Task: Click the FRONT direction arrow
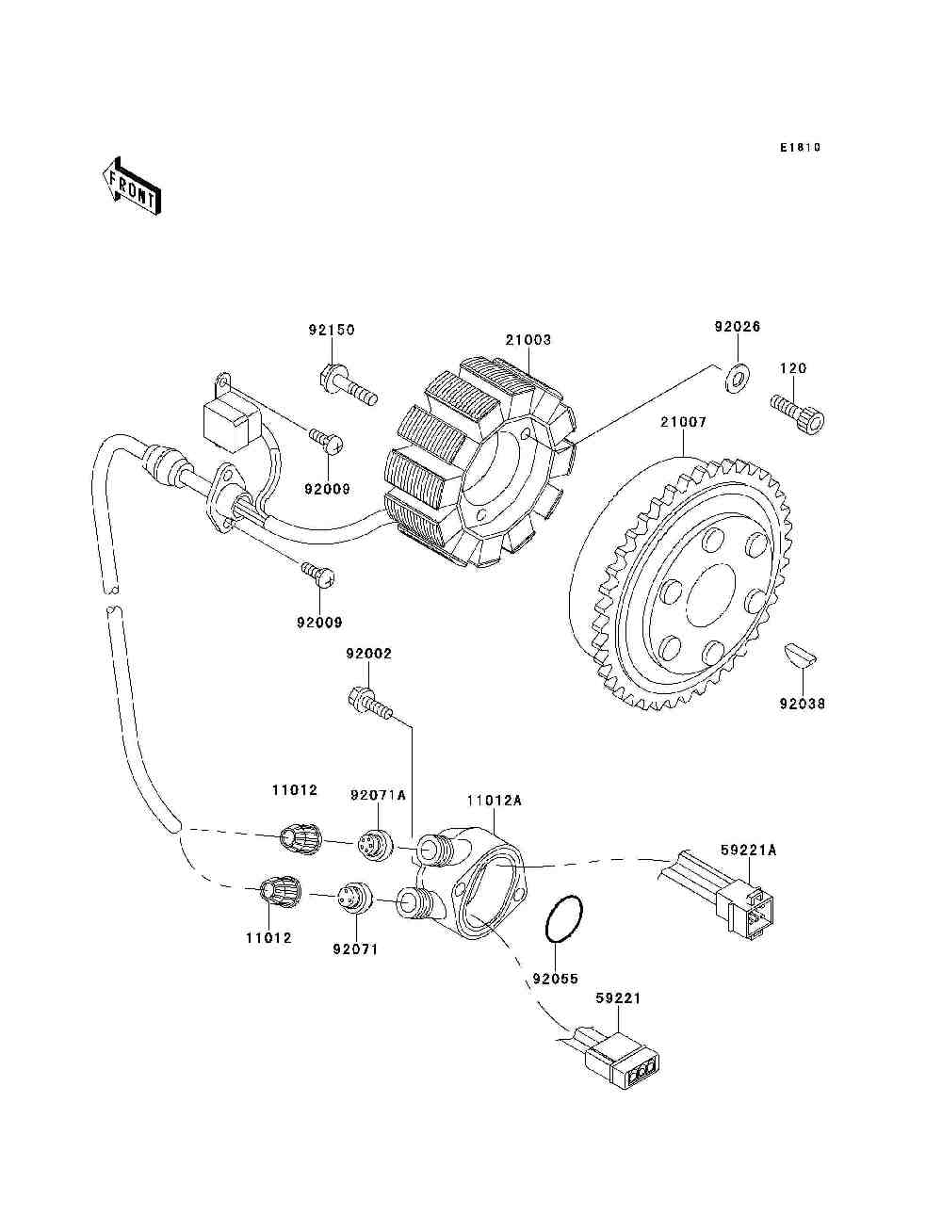[x=132, y=186]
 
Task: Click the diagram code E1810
[x=800, y=148]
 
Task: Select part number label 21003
[x=528, y=340]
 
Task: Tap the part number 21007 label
[x=683, y=422]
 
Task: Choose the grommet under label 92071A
[x=376, y=859]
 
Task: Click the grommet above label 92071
[x=355, y=895]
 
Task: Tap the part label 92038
[x=803, y=704]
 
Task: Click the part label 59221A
[x=748, y=851]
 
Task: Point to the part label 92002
[x=368, y=654]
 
